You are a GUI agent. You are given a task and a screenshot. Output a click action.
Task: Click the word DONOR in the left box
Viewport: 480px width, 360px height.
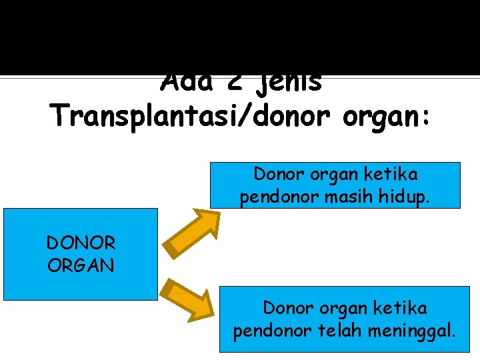(x=81, y=243)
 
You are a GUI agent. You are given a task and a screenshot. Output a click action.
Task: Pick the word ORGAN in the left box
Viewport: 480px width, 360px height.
(x=81, y=265)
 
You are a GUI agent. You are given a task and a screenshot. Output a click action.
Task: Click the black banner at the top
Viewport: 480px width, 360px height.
(x=240, y=33)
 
